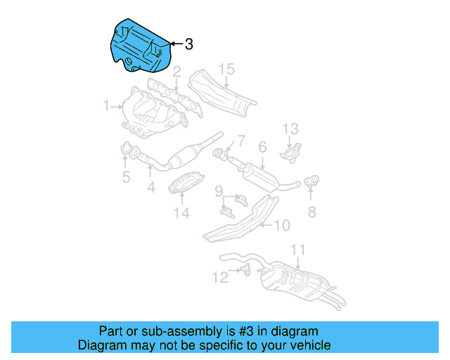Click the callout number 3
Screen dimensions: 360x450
pyautogui.click(x=188, y=44)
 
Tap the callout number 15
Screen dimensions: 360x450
pyautogui.click(x=225, y=69)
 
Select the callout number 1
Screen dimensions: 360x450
pyautogui.click(x=107, y=106)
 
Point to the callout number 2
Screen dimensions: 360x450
pyautogui.click(x=176, y=72)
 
